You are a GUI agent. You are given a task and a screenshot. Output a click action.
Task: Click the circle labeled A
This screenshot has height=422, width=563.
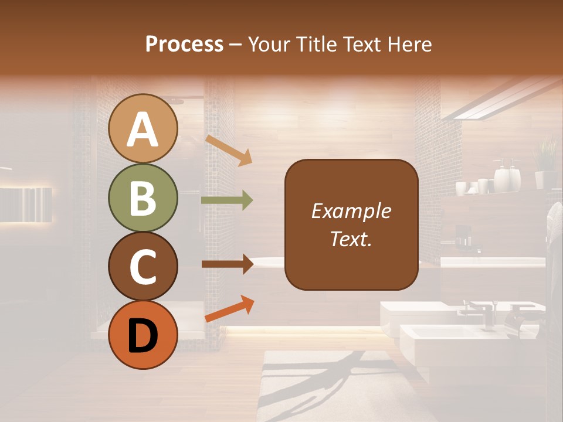coord(143,129)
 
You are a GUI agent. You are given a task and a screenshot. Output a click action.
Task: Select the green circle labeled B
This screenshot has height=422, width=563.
coord(143,198)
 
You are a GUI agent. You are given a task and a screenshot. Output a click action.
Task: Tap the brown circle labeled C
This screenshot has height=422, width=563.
coord(143,267)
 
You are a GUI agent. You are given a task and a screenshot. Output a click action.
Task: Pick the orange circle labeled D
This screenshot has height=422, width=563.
coord(143,335)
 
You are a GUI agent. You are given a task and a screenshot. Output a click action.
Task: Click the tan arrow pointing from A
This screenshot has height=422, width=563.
coord(228,149)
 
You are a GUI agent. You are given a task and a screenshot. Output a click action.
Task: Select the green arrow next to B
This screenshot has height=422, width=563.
coord(227,200)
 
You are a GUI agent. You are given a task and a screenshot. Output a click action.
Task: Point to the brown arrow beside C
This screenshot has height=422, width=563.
coord(227,264)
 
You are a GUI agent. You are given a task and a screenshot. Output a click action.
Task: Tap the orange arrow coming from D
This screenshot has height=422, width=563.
coord(229,309)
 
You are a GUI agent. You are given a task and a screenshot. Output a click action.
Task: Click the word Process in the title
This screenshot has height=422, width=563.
coord(184,44)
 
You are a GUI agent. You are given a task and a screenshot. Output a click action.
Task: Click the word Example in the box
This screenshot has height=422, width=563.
coord(351,211)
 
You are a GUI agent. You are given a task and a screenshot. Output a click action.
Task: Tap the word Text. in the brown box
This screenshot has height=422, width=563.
coord(351,239)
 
